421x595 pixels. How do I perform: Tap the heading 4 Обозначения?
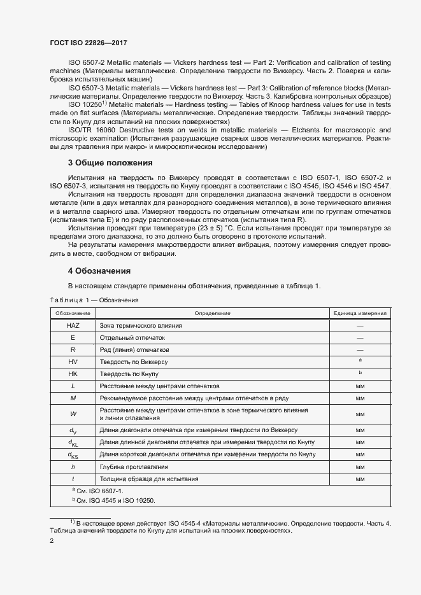[99, 270]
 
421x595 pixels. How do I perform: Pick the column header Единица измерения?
[360, 313]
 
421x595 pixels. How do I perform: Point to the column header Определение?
[213, 313]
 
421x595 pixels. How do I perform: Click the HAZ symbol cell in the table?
[73, 325]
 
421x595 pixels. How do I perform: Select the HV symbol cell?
[73, 361]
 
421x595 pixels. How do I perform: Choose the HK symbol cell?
[73, 374]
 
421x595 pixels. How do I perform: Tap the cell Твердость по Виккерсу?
[131, 361]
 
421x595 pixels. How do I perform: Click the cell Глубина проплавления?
[129, 466]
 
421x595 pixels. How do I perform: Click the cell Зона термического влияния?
[141, 325]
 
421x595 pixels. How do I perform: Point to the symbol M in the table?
[73, 398]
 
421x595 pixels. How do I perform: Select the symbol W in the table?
[73, 414]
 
